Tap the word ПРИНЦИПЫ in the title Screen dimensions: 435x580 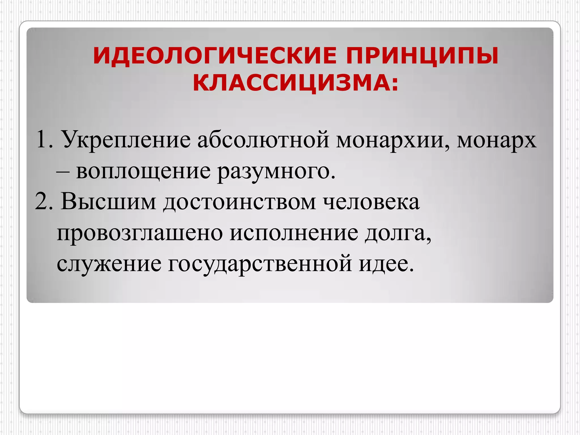coord(422,56)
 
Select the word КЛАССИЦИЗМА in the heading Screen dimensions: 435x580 coord(292,83)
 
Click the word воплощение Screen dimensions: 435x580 coord(143,172)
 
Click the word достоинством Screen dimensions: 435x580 coord(240,202)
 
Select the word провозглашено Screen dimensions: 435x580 coord(140,233)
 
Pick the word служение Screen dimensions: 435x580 coord(109,265)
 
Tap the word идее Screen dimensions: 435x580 coord(386,265)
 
